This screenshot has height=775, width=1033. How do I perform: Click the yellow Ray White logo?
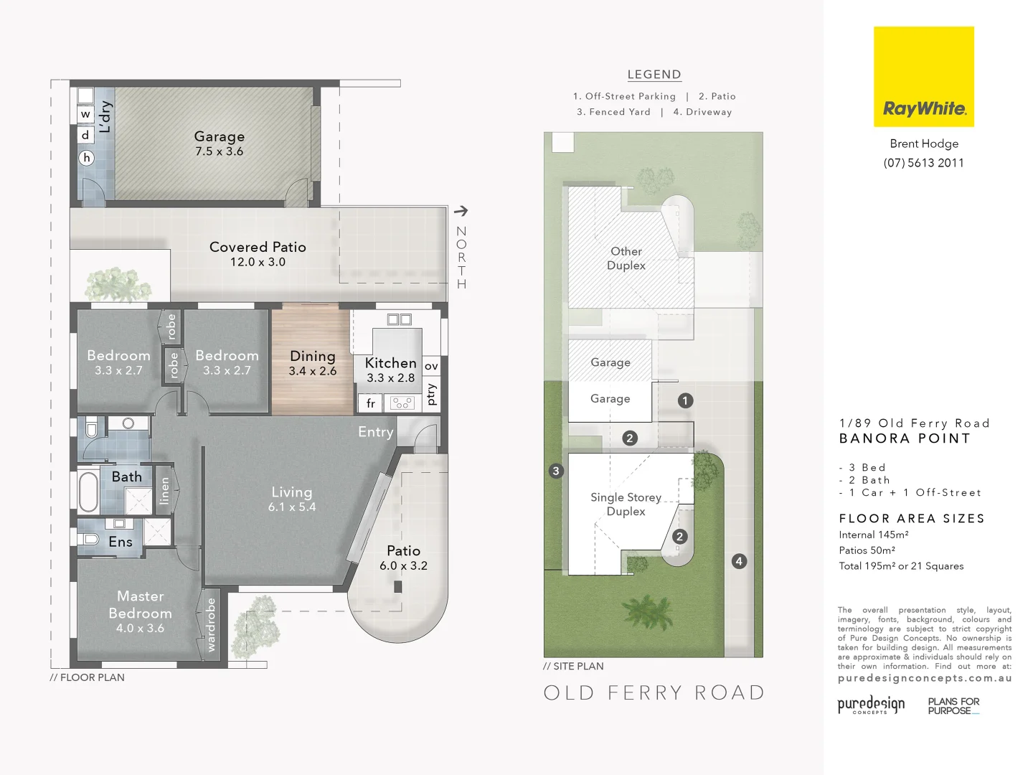pyautogui.click(x=923, y=77)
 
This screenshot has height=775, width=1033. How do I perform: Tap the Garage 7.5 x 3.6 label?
pyautogui.click(x=220, y=144)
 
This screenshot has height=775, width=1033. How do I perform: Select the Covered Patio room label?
pyautogui.click(x=258, y=253)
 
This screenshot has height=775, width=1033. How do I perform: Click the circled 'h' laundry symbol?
pyautogui.click(x=87, y=158)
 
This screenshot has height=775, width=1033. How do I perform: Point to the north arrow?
pyautogui.click(x=461, y=211)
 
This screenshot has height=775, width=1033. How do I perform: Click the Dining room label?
pyautogui.click(x=312, y=362)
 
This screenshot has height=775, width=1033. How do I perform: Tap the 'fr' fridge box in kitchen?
pyautogui.click(x=370, y=403)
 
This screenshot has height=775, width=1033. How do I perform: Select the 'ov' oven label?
pyautogui.click(x=431, y=366)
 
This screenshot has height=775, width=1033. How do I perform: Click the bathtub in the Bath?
pyautogui.click(x=88, y=492)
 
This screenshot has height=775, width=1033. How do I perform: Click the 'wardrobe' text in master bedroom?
pyautogui.click(x=211, y=625)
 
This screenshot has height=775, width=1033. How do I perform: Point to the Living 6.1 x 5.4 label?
pyautogui.click(x=292, y=499)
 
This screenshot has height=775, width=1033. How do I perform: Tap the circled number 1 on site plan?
pyautogui.click(x=685, y=400)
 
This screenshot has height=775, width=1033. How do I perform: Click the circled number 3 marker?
pyautogui.click(x=556, y=471)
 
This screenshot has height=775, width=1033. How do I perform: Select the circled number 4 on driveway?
pyautogui.click(x=739, y=561)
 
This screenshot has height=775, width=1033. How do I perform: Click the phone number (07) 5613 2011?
pyautogui.click(x=923, y=163)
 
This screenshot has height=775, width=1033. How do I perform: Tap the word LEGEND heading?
pyautogui.click(x=654, y=75)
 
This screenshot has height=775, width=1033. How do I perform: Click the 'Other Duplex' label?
pyautogui.click(x=626, y=258)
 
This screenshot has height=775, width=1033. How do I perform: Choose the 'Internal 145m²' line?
pyautogui.click(x=873, y=535)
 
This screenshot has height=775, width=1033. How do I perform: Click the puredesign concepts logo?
pyautogui.click(x=871, y=705)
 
